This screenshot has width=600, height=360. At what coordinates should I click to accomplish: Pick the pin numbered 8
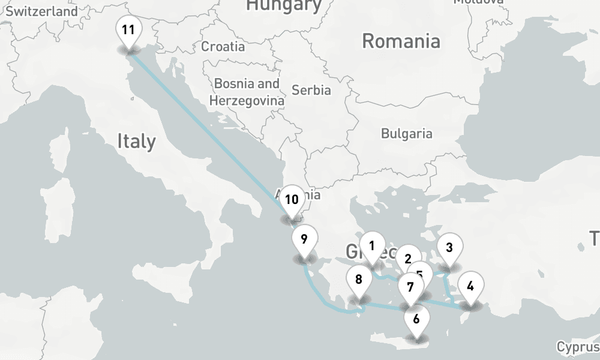click(x=359, y=280)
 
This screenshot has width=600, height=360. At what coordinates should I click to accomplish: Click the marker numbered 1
click(x=372, y=246)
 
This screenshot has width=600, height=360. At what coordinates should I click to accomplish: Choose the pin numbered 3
click(x=449, y=247)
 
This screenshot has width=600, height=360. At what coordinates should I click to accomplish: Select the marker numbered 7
click(x=410, y=287)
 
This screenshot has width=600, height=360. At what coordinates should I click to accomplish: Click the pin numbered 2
click(x=407, y=259)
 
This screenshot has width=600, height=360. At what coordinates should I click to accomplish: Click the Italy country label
click(x=136, y=141)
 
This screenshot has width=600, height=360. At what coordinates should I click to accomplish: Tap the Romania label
click(x=401, y=41)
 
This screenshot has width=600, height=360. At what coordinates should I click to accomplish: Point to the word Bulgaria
click(x=406, y=133)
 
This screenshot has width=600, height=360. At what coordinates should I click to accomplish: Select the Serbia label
click(x=311, y=90)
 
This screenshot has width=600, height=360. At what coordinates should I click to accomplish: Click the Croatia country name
click(x=223, y=46)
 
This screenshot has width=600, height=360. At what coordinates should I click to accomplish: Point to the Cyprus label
click(x=578, y=346)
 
